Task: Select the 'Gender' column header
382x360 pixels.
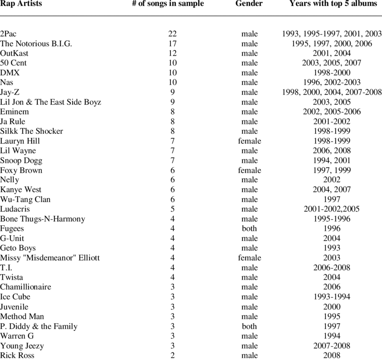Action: pyautogui.click(x=249, y=4)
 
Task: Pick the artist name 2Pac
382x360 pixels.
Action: pyautogui.click(x=10, y=34)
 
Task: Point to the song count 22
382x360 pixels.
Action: pyautogui.click(x=173, y=34)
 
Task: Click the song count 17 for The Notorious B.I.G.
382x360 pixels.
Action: pyautogui.click(x=173, y=44)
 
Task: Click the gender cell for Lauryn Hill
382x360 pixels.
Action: pyautogui.click(x=249, y=141)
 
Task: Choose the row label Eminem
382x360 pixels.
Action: pyautogui.click(x=14, y=112)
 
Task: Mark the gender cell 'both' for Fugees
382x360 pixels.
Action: pyautogui.click(x=249, y=229)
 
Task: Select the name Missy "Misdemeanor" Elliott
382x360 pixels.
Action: pyautogui.click(x=50, y=258)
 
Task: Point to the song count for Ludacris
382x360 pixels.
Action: pyautogui.click(x=173, y=209)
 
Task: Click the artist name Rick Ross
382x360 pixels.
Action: pyautogui.click(x=17, y=356)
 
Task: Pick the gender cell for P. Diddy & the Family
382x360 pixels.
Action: pyautogui.click(x=249, y=327)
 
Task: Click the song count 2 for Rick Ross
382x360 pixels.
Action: pyautogui.click(x=173, y=356)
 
